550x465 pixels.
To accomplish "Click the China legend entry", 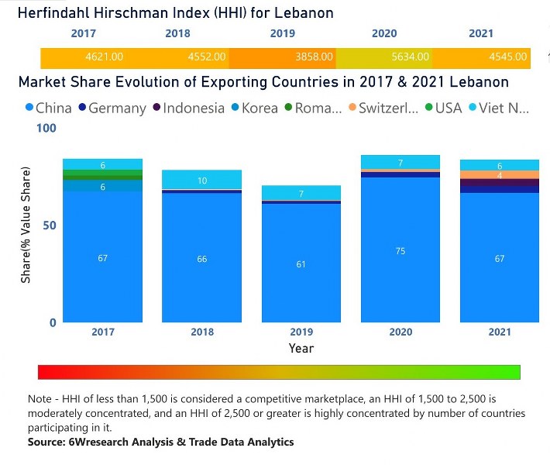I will (48, 108).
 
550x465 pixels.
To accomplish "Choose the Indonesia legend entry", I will (189, 108).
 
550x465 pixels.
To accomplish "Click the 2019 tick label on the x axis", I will (301, 332).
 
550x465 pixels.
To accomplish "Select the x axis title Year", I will (301, 348).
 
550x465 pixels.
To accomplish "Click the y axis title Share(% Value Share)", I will (26, 225).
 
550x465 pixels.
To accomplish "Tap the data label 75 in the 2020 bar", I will (400, 251).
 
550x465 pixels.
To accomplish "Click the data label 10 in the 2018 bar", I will (201, 181).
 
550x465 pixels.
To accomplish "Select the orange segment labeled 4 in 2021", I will (500, 175).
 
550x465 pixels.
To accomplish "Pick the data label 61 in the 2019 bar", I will (301, 264).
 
